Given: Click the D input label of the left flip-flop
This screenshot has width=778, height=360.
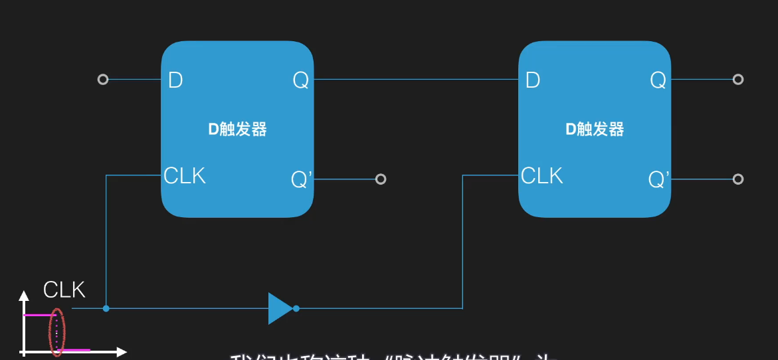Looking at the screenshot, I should [175, 80].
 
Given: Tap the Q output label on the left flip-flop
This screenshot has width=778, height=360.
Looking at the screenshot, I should [300, 80].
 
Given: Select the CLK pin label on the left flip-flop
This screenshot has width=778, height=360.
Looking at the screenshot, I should [185, 176].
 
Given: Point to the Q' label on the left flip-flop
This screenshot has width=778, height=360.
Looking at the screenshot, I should [302, 179].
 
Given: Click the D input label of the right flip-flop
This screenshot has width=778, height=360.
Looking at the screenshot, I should [533, 80].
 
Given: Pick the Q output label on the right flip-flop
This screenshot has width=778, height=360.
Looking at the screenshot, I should [658, 80].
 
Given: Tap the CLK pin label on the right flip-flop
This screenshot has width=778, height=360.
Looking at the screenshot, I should [542, 176].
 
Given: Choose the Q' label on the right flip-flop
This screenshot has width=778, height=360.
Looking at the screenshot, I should [659, 179].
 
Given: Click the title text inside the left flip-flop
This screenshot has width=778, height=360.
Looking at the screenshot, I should [237, 130].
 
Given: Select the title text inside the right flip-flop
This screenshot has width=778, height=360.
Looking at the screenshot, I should [595, 130].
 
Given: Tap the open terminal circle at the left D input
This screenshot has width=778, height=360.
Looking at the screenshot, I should [102, 80].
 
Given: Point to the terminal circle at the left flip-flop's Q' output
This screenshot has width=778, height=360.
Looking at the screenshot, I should [381, 179].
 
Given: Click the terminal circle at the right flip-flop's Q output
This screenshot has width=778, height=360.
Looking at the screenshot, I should [737, 80].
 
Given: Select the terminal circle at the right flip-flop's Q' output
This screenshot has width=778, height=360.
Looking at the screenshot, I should [737, 179].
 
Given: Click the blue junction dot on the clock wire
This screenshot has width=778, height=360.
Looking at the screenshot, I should [106, 308].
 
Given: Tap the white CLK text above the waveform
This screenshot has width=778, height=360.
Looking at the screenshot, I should [64, 290].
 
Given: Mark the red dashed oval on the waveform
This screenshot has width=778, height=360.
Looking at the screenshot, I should [57, 331].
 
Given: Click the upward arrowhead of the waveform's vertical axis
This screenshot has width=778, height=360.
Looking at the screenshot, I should [24, 295].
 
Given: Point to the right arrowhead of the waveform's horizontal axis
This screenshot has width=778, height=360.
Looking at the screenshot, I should [122, 350].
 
